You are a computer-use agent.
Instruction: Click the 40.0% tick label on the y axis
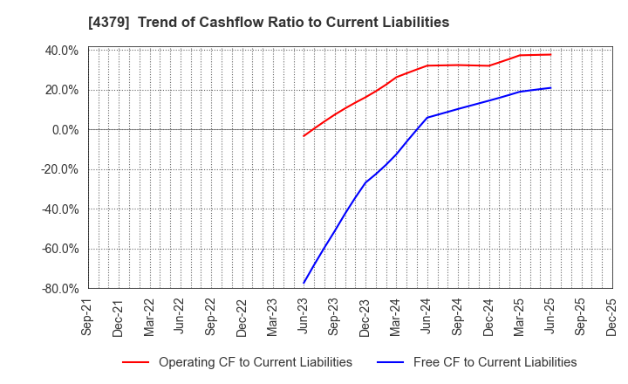(61, 51)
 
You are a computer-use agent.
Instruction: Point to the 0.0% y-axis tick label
(65, 130)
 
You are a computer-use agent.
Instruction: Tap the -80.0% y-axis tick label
(59, 289)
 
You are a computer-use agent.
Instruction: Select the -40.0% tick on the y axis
(59, 209)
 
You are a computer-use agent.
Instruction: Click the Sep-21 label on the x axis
(88, 318)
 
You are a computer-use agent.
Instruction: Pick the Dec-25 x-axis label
(612, 318)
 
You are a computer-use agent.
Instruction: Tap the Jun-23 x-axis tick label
(304, 318)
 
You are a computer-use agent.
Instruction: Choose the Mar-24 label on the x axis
(397, 318)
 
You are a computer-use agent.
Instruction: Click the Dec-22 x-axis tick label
(242, 318)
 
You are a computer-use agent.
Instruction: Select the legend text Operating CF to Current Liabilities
(256, 362)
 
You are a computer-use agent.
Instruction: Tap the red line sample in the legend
(135, 362)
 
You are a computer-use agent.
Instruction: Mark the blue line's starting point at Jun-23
(304, 283)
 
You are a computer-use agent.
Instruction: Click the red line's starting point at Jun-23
(304, 135)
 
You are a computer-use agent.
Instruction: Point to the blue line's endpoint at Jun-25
(550, 87)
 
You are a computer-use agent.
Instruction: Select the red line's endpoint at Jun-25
(550, 54)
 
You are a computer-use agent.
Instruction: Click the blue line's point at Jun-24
(427, 117)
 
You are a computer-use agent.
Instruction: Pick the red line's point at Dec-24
(489, 65)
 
